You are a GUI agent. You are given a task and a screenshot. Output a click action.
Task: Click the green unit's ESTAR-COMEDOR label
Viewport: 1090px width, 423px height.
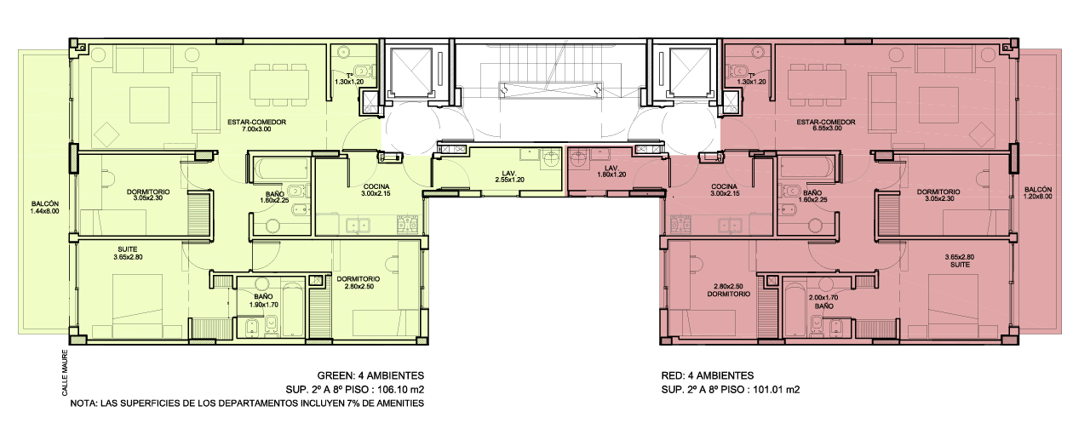pos(256,125)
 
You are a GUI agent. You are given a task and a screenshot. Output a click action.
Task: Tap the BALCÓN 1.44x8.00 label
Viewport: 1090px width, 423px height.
pos(45,208)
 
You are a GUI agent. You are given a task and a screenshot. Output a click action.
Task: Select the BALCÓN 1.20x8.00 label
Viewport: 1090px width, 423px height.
pos(1037,193)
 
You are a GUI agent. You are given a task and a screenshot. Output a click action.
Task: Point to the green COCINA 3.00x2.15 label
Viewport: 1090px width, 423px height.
pos(376,190)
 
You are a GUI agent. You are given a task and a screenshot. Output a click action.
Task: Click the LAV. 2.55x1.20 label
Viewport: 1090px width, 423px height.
pos(509,176)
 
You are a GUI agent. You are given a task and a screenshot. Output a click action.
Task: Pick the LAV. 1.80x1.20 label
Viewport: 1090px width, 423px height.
pos(611,171)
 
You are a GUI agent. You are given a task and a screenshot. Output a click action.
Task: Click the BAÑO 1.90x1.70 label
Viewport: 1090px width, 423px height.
pos(263,300)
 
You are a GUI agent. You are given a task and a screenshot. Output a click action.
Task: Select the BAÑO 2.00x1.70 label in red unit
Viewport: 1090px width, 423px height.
pos(823,302)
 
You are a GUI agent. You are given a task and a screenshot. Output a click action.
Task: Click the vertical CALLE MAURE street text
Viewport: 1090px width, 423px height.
pos(66,373)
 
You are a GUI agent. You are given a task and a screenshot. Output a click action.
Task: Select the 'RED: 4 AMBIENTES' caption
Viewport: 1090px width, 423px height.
pos(707,375)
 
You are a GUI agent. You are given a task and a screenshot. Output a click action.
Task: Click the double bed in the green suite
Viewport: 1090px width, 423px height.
pos(138,306)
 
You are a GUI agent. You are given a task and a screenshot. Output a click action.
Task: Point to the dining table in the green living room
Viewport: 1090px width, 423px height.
pos(279,84)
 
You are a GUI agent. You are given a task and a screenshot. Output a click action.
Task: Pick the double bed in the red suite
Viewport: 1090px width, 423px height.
pos(953,306)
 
